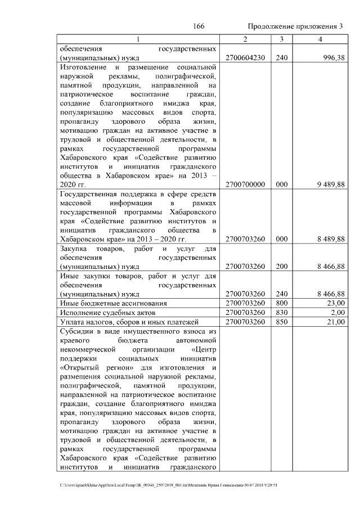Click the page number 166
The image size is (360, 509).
(199, 26)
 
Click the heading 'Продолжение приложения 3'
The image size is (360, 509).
(295, 26)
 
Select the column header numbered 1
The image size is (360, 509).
(138, 39)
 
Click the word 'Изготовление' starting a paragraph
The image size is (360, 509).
(82, 67)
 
